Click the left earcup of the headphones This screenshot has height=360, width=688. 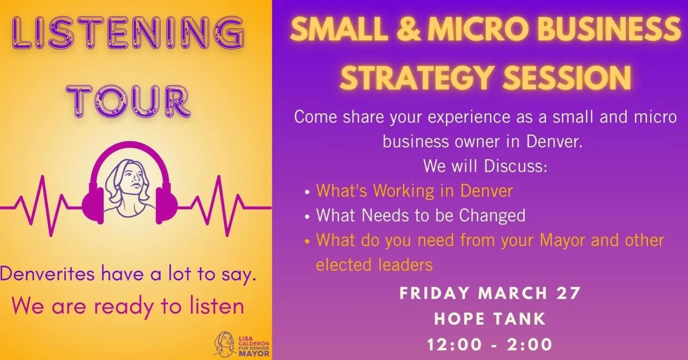[x=93, y=204]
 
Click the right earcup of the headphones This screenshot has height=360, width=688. [x=167, y=204]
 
